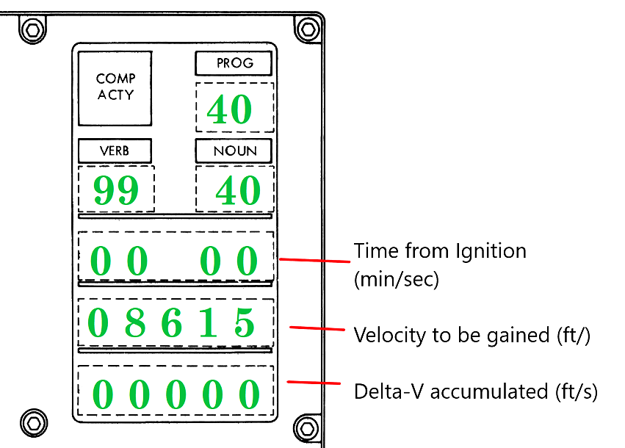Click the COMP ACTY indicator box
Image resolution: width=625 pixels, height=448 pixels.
click(x=115, y=87)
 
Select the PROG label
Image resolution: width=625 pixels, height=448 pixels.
click(x=234, y=64)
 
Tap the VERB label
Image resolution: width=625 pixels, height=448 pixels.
click(x=115, y=151)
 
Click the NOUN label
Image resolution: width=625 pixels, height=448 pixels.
click(x=234, y=151)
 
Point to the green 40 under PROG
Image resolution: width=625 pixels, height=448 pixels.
click(x=229, y=110)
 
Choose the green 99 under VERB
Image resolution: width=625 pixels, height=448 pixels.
click(x=116, y=191)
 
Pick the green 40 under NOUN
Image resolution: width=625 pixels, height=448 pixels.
click(x=237, y=191)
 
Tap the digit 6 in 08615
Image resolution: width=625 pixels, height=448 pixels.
click(x=171, y=323)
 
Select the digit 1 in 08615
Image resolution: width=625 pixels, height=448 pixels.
click(x=209, y=323)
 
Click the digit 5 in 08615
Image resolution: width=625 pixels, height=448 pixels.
click(x=244, y=323)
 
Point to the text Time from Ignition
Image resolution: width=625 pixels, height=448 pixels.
click(x=439, y=252)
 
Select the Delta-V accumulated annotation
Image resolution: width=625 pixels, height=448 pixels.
click(x=475, y=391)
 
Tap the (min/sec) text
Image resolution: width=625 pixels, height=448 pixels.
click(x=396, y=280)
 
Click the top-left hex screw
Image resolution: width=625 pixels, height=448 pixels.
click(x=31, y=29)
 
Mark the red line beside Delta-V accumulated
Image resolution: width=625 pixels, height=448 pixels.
click(x=314, y=382)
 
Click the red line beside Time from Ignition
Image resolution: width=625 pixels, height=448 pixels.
click(x=314, y=260)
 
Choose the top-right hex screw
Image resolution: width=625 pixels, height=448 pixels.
click(x=308, y=29)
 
